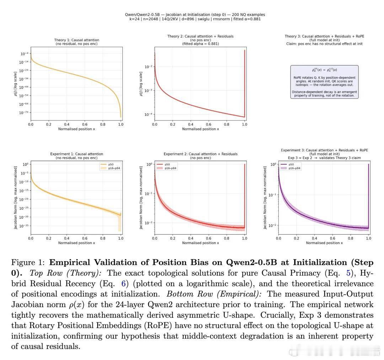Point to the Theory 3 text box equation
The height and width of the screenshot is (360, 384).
click(x=324, y=70)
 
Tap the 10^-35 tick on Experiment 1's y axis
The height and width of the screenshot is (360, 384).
click(x=24, y=226)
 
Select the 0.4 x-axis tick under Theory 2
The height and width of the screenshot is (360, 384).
click(x=191, y=125)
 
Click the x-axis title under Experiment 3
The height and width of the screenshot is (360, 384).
click(x=324, y=243)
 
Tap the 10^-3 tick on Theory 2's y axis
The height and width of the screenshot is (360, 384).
click(x=148, y=91)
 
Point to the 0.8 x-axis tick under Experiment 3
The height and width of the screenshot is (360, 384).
click(x=351, y=239)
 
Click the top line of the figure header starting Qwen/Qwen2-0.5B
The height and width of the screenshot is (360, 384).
click(x=195, y=15)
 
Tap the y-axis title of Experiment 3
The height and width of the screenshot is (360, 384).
click(x=265, y=197)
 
